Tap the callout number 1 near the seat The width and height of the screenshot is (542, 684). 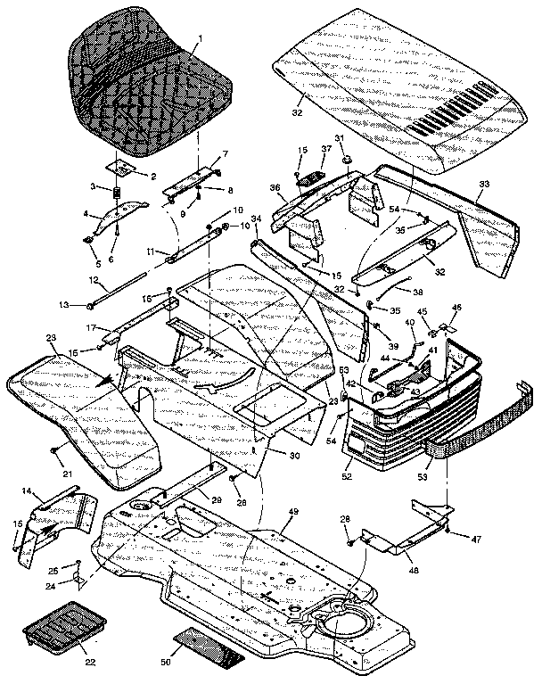click(x=201, y=38)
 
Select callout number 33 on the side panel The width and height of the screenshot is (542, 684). click(x=483, y=184)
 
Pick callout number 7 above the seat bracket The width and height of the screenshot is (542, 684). click(x=225, y=154)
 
